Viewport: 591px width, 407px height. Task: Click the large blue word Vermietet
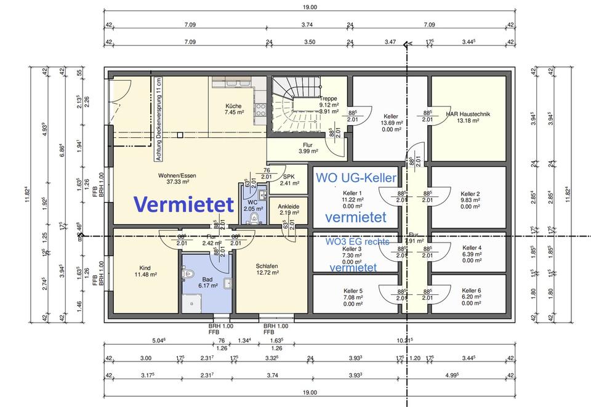click(183, 203)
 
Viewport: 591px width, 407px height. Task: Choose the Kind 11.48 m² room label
click(145, 271)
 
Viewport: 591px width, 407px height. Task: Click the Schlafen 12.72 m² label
click(268, 269)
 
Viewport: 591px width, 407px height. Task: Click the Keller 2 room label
click(470, 197)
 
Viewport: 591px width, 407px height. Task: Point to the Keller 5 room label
click(353, 294)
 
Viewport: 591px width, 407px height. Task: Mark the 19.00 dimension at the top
click(309, 7)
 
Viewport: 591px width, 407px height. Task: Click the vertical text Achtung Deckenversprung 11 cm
click(158, 119)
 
